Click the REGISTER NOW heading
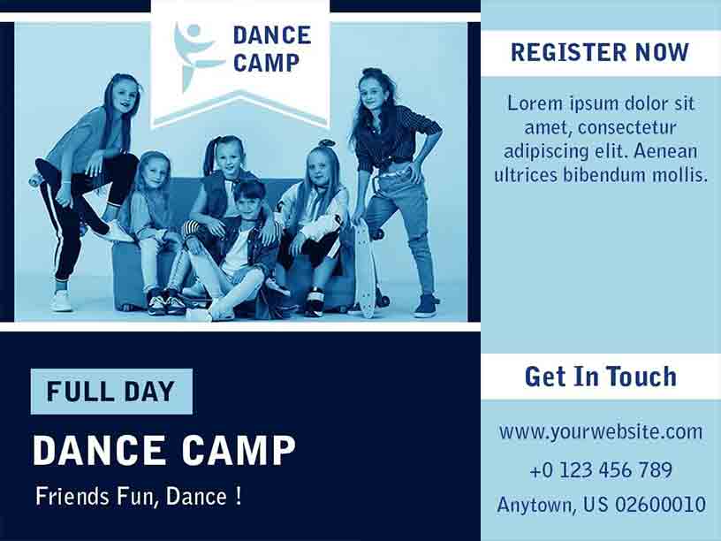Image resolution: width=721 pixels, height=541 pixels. click(x=600, y=52)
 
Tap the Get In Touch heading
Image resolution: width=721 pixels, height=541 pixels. click(x=600, y=376)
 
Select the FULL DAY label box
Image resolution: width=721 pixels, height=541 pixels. click(x=111, y=391)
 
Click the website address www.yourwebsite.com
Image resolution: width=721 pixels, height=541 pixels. click(x=600, y=432)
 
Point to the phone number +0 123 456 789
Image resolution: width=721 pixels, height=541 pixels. click(x=600, y=469)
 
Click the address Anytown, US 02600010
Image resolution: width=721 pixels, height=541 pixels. click(x=600, y=505)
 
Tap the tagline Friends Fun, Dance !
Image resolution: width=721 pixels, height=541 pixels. click(x=139, y=496)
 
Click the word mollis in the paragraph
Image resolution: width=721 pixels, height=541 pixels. click(x=679, y=174)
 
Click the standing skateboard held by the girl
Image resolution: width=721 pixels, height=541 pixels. click(x=364, y=265)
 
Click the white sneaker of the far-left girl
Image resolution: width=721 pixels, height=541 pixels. click(x=62, y=301)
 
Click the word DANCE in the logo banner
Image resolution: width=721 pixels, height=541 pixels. click(x=271, y=35)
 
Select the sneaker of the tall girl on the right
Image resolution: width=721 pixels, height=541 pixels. click(x=426, y=307)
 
